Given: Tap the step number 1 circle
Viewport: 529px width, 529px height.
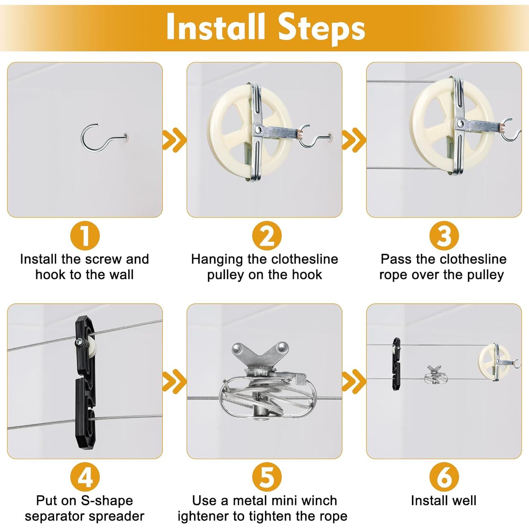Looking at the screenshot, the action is (85, 236).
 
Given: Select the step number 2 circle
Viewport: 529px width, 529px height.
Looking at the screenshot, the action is (267, 236).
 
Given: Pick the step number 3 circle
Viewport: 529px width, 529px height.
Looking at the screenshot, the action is (444, 236).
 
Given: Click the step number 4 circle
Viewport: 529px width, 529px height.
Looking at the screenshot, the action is (85, 477).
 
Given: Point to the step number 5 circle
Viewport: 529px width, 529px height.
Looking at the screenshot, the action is (267, 477).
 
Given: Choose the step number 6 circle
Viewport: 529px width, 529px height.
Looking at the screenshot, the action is (444, 477).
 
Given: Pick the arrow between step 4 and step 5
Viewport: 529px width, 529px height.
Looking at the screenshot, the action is (174, 382).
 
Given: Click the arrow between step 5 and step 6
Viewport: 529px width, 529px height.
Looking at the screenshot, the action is (354, 382).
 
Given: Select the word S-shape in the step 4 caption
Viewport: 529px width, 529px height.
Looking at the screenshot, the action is (107, 501).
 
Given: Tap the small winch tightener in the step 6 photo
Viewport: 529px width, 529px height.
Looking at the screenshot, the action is (436, 375).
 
